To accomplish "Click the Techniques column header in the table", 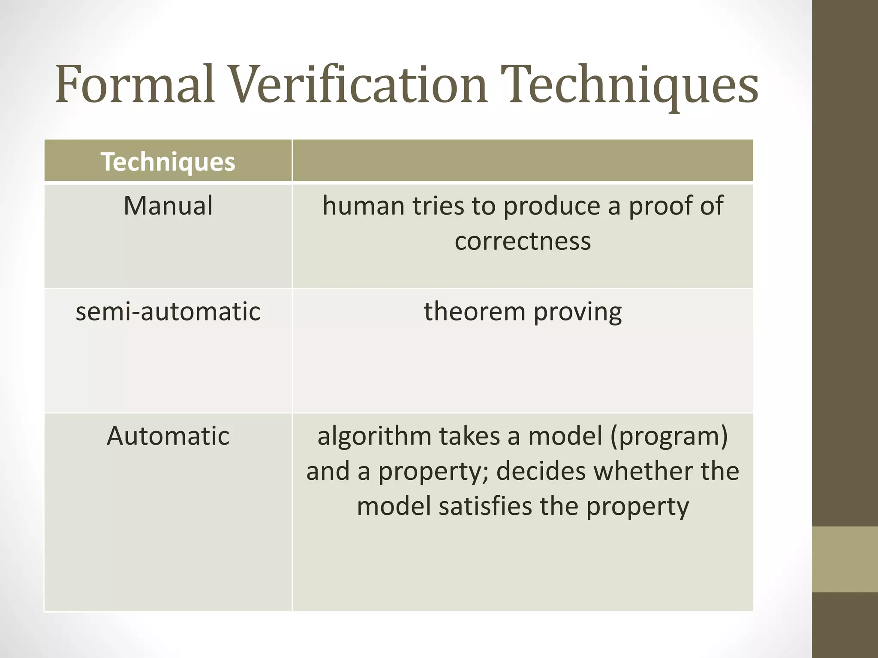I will tap(168, 162).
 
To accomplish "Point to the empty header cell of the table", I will tap(522, 161).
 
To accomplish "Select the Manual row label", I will tap(168, 206).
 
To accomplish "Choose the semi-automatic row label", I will tap(168, 311).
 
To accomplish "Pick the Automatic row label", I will tap(168, 436).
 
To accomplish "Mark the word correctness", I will tap(523, 241).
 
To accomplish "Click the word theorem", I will tap(474, 311).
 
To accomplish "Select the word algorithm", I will tap(374, 437).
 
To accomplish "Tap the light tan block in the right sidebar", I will tap(845, 559).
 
